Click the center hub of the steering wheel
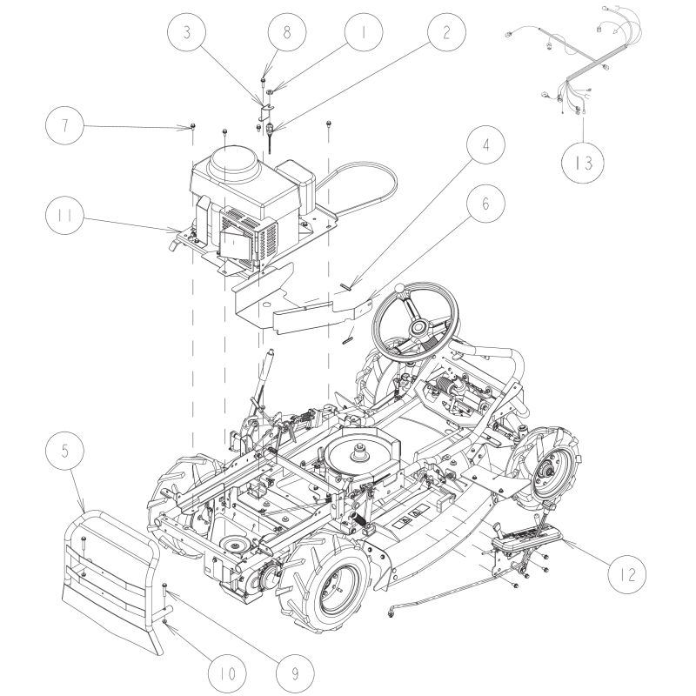click(x=418, y=327)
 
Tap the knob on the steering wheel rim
click(x=399, y=288)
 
